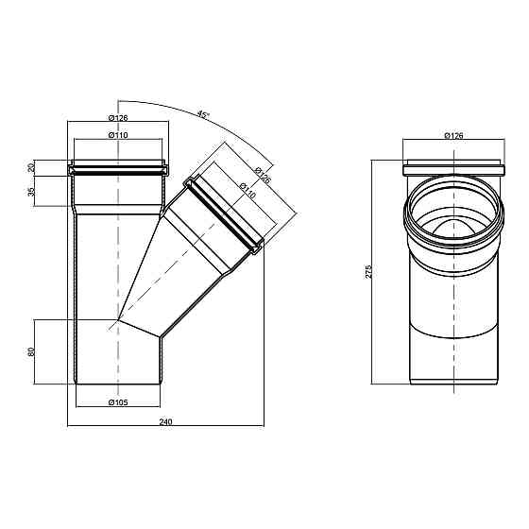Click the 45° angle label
(x=202, y=113)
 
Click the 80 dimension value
(x=31, y=351)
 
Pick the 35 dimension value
(x=31, y=192)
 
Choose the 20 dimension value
(x=31, y=167)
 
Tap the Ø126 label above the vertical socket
(x=118, y=117)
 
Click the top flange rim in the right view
(x=452, y=162)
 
